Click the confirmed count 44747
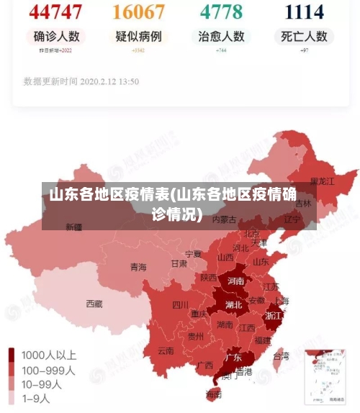pyautogui.click(x=55, y=12)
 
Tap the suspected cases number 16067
pyautogui.click(x=139, y=12)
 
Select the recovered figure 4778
pyautogui.click(x=221, y=12)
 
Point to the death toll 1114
pyautogui.click(x=304, y=12)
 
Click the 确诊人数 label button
pyautogui.click(x=55, y=36)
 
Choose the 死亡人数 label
pyautogui.click(x=304, y=36)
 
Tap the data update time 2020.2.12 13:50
pyautogui.click(x=81, y=81)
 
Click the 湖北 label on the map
pyautogui.click(x=234, y=304)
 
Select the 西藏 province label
pyautogui.click(x=94, y=304)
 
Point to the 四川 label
pyautogui.click(x=180, y=304)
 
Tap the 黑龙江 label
pyautogui.click(x=322, y=181)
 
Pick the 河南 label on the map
pyautogui.click(x=235, y=281)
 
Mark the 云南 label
pyautogui.click(x=166, y=351)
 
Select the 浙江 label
pyautogui.click(x=274, y=315)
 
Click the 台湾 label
pyautogui.click(x=281, y=355)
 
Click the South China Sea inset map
pyautogui.click(x=329, y=375)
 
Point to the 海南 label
pyautogui.click(x=214, y=394)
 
